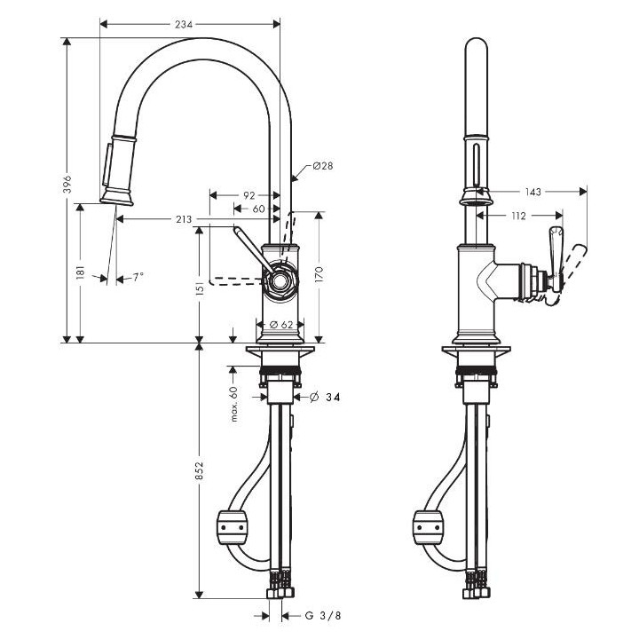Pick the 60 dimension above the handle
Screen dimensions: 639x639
257,209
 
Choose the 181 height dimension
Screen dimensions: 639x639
81,272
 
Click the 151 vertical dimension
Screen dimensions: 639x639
200,288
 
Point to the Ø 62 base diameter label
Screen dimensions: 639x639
280,325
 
